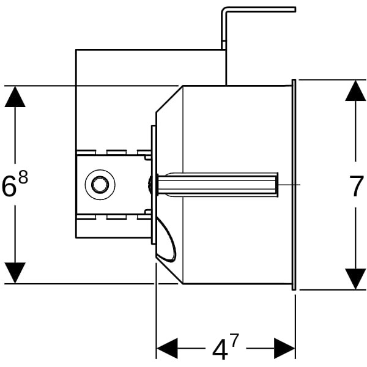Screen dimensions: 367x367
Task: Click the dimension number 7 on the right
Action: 357,187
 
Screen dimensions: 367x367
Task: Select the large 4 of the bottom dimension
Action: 219,350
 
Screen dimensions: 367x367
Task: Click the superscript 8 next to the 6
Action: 23,179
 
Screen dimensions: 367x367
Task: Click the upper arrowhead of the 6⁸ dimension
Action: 15,97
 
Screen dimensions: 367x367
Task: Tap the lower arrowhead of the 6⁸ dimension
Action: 15,272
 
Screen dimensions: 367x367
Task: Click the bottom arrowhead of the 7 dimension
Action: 355,278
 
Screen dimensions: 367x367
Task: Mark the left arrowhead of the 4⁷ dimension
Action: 167,348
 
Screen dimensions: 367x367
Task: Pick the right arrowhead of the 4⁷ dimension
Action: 284,348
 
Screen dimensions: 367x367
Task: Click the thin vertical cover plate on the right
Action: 294,183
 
